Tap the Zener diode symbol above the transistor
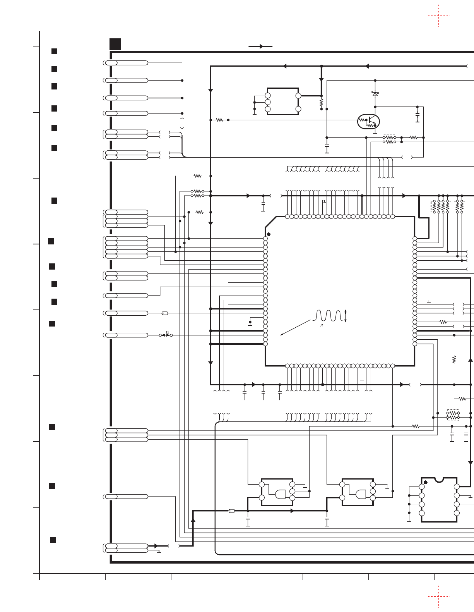pos(375,94)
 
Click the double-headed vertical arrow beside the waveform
pos(346,316)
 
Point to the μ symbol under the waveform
pos(322,325)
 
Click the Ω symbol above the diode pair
pos(167,332)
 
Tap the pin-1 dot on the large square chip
pos(269,234)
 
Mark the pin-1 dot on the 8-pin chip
pos(426,482)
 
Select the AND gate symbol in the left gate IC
pos(280,494)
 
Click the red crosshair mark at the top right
pos(439,16)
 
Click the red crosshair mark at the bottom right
pos(439,597)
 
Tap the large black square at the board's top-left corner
pos(115,44)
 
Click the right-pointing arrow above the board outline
pos(261,46)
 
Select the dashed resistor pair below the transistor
pos(389,140)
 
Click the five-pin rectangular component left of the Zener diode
pos(283,101)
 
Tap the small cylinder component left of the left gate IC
pos(232,511)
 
